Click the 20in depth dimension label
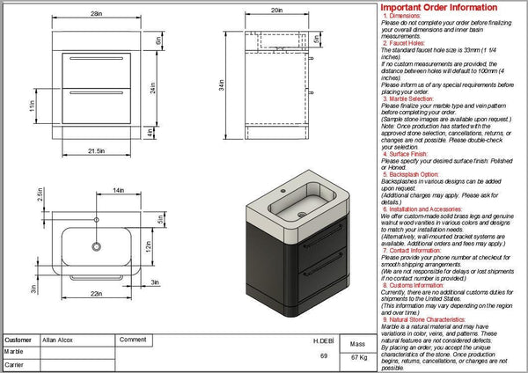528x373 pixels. pos(275,10)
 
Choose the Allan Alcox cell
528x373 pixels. pos(60,339)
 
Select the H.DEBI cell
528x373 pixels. pos(324,339)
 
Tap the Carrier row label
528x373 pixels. pos(14,362)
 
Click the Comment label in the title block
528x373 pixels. pos(132,339)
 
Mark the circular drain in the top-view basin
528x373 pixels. pos(94,248)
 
